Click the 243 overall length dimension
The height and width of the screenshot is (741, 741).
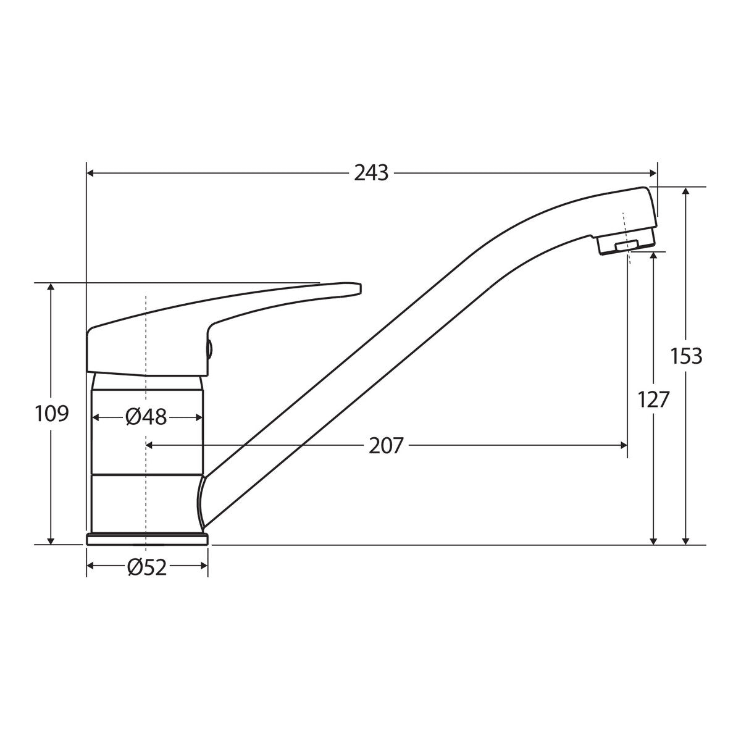click(x=371, y=173)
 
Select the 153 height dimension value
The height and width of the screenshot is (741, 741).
click(x=687, y=356)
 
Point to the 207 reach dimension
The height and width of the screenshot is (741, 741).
click(x=386, y=446)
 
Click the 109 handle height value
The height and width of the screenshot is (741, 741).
click(x=51, y=414)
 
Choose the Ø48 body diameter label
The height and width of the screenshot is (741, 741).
click(x=146, y=417)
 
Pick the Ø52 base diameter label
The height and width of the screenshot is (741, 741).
click(x=147, y=567)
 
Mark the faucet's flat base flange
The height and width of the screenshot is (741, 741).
click(x=148, y=539)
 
